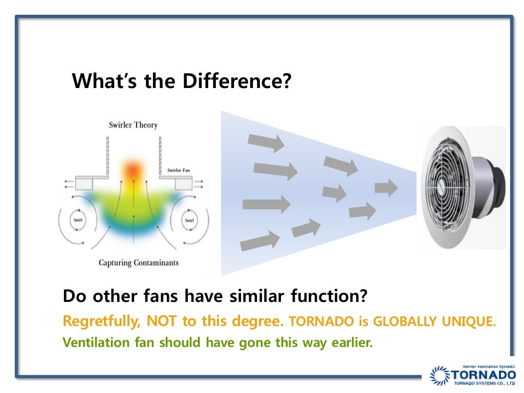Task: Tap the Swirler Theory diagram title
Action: pyautogui.click(x=133, y=125)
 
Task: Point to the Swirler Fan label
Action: pyautogui.click(x=180, y=170)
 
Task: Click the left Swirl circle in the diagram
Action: pyautogui.click(x=78, y=220)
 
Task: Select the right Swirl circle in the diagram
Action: pyautogui.click(x=189, y=220)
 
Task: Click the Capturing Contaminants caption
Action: pyautogui.click(x=138, y=263)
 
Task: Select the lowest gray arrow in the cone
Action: pyautogui.click(x=259, y=241)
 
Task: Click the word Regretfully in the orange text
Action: pyautogui.click(x=102, y=321)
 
